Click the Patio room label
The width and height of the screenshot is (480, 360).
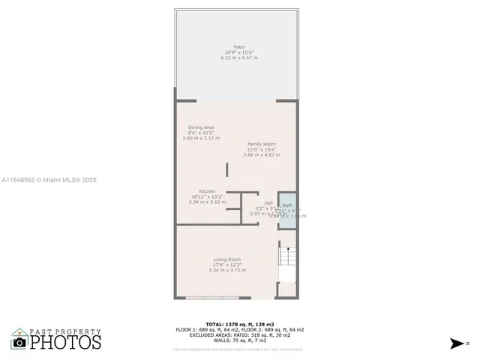[238, 46]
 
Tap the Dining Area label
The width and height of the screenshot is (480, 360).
[200, 127]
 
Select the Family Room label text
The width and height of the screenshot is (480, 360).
[262, 143]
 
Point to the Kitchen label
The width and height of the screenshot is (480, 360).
[207, 191]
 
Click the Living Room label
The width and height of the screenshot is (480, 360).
[227, 259]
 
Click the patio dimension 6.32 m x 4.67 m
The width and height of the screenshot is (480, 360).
[238, 58]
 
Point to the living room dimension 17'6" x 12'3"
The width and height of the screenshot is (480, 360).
[227, 265]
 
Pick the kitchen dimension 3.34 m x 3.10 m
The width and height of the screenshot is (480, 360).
[207, 202]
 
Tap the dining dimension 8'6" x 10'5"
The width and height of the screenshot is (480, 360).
[200, 133]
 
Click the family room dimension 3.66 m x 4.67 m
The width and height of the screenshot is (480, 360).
[262, 154]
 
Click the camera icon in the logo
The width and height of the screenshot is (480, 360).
[19, 342]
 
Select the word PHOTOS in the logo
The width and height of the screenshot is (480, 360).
[66, 342]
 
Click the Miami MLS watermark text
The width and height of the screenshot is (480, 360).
[49, 180]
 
